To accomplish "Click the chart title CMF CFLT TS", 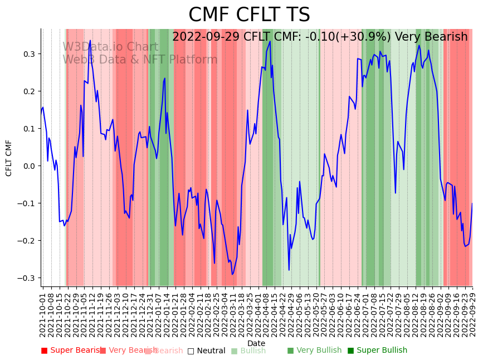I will click(x=249, y=15).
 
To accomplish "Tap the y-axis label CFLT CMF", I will click(x=9, y=158).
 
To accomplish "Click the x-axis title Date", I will click(x=256, y=343).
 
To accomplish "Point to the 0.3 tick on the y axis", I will click(x=28, y=54).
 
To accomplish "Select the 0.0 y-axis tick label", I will click(x=28, y=166).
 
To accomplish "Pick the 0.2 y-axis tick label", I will click(x=28, y=91).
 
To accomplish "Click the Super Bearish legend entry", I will click(x=72, y=351).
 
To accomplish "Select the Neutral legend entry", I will click(x=207, y=351).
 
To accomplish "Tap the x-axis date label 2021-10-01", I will click(x=43, y=315).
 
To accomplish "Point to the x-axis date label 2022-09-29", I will click(x=473, y=315).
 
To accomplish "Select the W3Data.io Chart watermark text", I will click(x=110, y=47).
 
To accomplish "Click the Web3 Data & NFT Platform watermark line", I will click(x=140, y=60).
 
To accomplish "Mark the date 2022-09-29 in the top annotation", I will click(x=206, y=37).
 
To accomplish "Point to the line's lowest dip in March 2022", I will click(x=232, y=274).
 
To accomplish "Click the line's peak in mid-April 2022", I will click(x=270, y=41).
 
